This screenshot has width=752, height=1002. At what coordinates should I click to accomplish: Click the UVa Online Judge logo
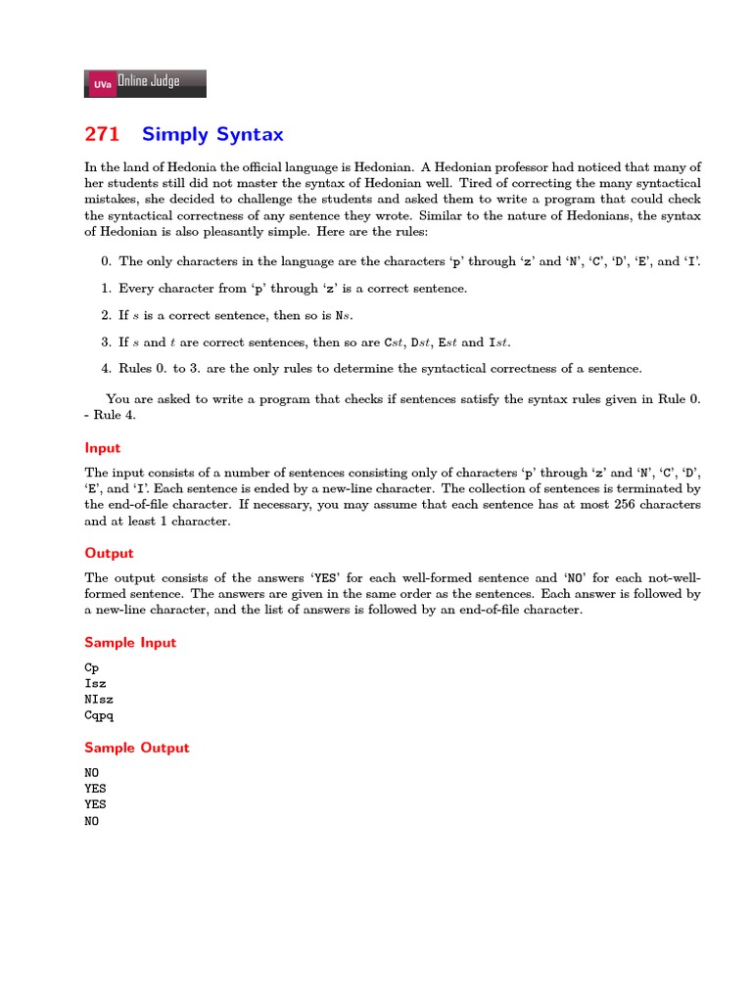(x=146, y=83)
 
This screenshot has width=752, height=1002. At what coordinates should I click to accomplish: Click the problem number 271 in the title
(x=102, y=134)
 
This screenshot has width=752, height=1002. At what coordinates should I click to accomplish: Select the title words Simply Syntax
(x=212, y=134)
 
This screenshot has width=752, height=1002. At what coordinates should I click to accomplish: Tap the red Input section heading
(x=103, y=447)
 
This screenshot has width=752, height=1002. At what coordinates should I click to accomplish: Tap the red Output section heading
(x=109, y=553)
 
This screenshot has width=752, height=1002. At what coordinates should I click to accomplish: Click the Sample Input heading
(x=130, y=642)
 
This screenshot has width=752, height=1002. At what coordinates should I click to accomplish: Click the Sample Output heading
(x=136, y=748)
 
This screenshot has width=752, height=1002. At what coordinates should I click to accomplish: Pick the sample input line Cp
(x=92, y=666)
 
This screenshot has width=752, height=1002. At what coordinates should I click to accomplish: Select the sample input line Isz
(x=95, y=683)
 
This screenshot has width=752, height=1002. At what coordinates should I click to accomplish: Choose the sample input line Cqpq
(x=99, y=715)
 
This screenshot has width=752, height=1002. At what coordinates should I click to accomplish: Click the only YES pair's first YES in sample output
(x=95, y=788)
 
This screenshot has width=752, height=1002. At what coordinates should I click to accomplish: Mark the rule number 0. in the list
(x=107, y=261)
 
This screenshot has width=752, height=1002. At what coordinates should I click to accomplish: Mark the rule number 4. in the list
(x=107, y=369)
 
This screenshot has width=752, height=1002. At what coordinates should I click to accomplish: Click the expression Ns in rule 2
(x=343, y=315)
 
